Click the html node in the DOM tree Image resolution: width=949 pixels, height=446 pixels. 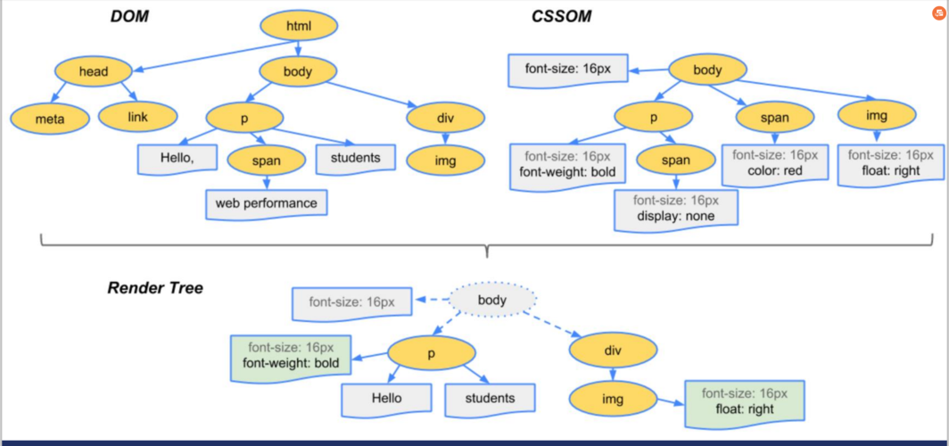[299, 26]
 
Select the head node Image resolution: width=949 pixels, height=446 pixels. [93, 72]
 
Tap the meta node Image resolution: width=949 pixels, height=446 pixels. [50, 119]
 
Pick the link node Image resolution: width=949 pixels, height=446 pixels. [138, 117]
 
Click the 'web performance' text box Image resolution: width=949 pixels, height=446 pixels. [267, 204]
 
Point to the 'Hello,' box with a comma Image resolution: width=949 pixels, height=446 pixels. [176, 160]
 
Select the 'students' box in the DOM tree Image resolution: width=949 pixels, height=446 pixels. [356, 159]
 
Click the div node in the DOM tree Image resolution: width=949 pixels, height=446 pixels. [445, 119]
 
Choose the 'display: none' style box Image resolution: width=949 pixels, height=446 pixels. [675, 210]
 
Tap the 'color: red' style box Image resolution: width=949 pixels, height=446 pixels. [775, 163]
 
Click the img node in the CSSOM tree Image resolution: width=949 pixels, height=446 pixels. [877, 116]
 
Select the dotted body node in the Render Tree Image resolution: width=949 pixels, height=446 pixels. [492, 300]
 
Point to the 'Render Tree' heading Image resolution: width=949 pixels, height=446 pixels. [155, 288]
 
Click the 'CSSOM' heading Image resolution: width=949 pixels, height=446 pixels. [561, 16]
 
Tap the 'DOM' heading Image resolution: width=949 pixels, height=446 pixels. [129, 16]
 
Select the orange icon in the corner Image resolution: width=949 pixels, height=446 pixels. [938, 13]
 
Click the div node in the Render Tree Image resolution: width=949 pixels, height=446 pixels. [614, 351]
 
